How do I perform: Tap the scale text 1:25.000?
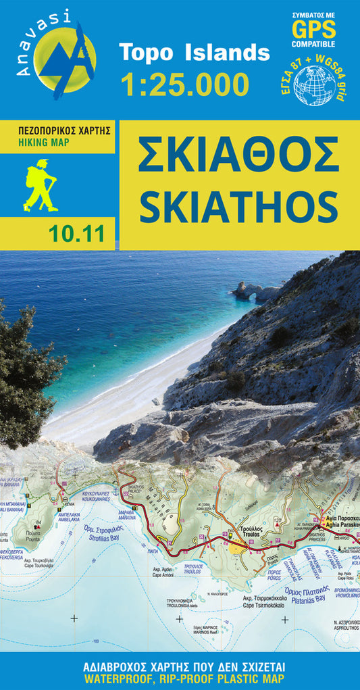click(x=184, y=84)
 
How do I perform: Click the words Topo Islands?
click(x=194, y=53)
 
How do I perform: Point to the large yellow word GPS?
click(x=313, y=29)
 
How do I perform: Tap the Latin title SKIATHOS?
click(x=238, y=204)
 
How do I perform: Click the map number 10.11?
click(x=76, y=235)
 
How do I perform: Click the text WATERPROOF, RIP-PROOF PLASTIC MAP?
click(x=180, y=678)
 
